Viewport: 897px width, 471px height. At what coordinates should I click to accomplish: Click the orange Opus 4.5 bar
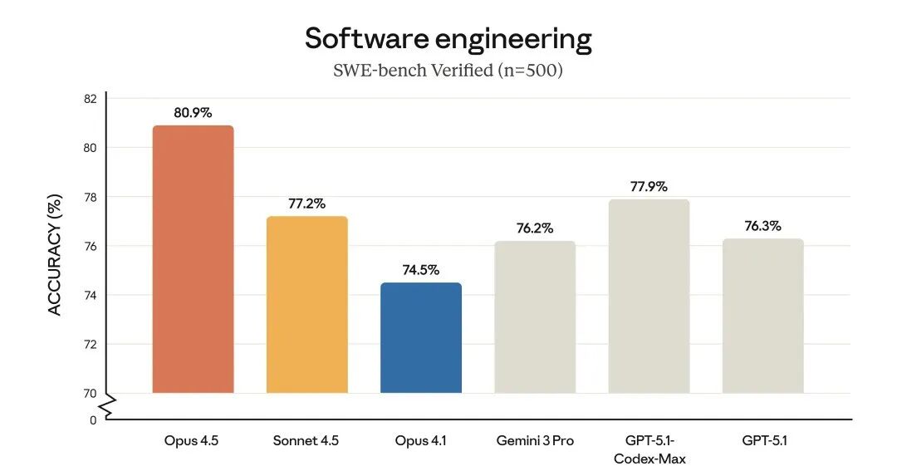(x=193, y=259)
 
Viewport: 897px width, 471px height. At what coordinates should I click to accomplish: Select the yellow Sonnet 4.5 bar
(x=306, y=304)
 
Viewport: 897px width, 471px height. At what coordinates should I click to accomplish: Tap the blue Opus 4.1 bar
(x=420, y=337)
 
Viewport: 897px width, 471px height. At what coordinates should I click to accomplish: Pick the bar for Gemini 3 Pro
(x=535, y=316)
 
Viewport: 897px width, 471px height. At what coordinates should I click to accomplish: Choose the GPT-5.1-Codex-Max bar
(x=649, y=296)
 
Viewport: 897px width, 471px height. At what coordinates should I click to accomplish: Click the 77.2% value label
(x=306, y=203)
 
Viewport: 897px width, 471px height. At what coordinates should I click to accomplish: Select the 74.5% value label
(x=420, y=270)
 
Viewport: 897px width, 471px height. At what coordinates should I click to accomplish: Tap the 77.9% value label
(x=649, y=186)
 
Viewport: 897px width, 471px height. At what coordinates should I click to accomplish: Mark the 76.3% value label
(x=762, y=225)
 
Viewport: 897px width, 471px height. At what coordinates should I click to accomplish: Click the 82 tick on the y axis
(x=90, y=99)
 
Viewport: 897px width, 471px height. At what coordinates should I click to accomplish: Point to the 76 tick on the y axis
(x=90, y=246)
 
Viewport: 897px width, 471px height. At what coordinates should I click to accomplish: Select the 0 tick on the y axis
(x=92, y=419)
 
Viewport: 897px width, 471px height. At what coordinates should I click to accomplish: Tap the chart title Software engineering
(x=448, y=38)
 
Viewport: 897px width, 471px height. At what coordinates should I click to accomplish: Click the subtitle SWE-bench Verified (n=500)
(x=448, y=71)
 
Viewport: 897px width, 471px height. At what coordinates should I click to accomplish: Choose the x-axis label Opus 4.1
(x=420, y=440)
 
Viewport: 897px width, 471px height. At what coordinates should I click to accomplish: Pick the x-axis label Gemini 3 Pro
(x=535, y=440)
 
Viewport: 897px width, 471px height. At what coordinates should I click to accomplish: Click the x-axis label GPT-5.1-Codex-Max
(x=649, y=449)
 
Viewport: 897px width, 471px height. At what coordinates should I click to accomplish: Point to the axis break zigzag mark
(x=106, y=407)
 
